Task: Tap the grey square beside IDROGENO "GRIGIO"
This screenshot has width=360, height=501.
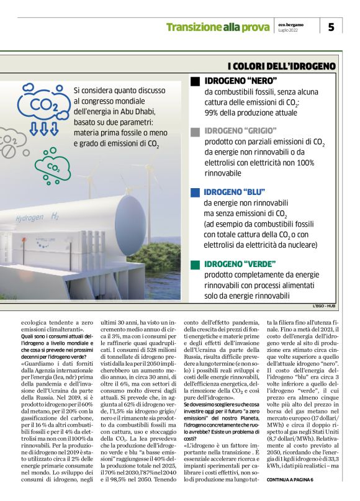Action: point(195,132)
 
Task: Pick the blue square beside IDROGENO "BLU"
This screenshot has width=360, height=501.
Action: point(195,192)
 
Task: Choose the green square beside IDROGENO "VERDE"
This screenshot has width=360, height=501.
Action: point(195,263)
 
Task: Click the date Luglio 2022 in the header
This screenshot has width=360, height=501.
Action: point(287,30)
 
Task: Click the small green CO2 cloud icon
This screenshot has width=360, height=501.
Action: point(53,167)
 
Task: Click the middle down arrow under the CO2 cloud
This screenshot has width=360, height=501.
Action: point(44,129)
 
